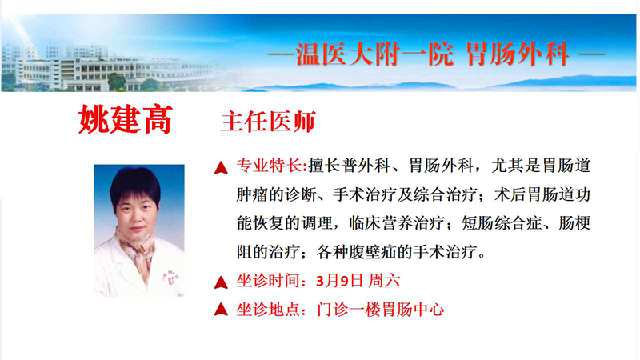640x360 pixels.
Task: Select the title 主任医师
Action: [x=268, y=122]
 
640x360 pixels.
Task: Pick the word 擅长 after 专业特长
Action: [x=322, y=166]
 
